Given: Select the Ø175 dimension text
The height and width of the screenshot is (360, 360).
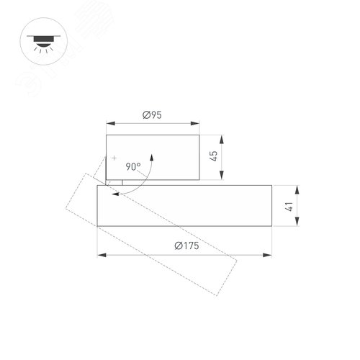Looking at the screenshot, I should pyautogui.click(x=186, y=246).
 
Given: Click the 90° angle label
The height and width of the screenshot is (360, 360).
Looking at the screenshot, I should pyautogui.click(x=133, y=166).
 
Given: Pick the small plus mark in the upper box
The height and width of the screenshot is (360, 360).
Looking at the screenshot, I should pyautogui.click(x=113, y=157).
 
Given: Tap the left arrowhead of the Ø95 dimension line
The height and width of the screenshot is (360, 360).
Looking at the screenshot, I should pyautogui.click(x=109, y=123).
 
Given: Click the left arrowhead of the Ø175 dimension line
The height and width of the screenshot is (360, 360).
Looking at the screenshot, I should pyautogui.click(x=100, y=255).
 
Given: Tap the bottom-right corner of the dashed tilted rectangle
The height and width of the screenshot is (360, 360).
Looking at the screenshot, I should pyautogui.click(x=218, y=294).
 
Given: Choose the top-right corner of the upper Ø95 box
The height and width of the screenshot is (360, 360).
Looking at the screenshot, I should pyautogui.click(x=199, y=135).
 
